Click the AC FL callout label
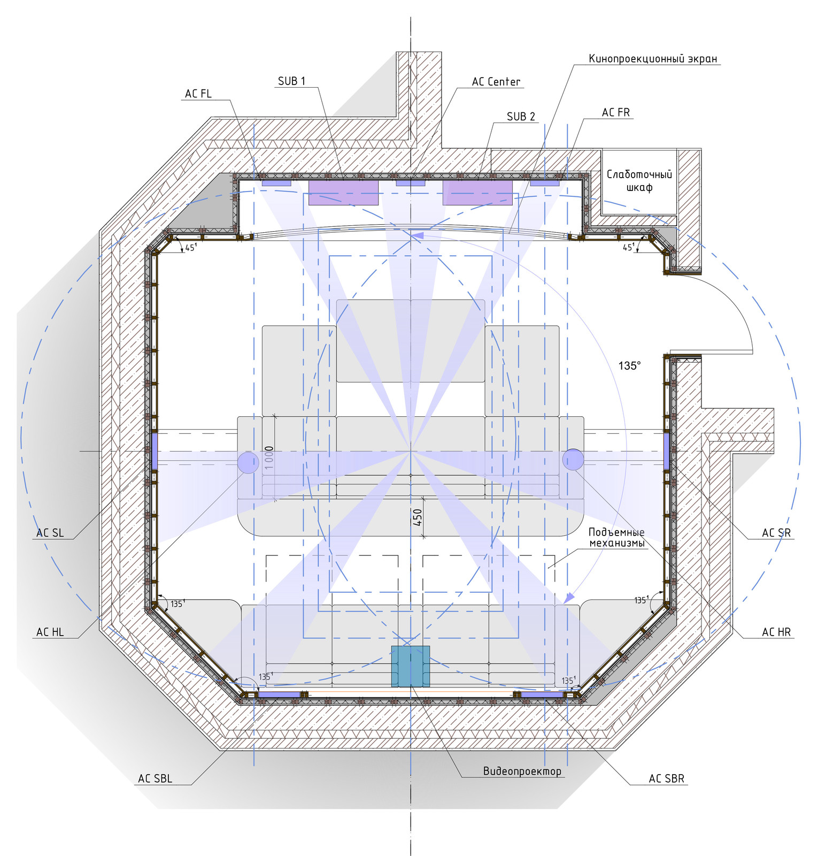pyautogui.click(x=198, y=94)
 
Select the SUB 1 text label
pyautogui.click(x=291, y=81)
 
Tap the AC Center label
pyautogui.click(x=496, y=82)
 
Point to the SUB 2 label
pyautogui.click(x=521, y=116)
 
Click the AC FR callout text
pyautogui.click(x=616, y=112)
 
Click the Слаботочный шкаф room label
pyautogui.click(x=639, y=181)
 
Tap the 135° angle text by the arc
pyautogui.click(x=629, y=365)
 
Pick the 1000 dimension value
pyautogui.click(x=269, y=457)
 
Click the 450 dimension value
pyautogui.click(x=418, y=516)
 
